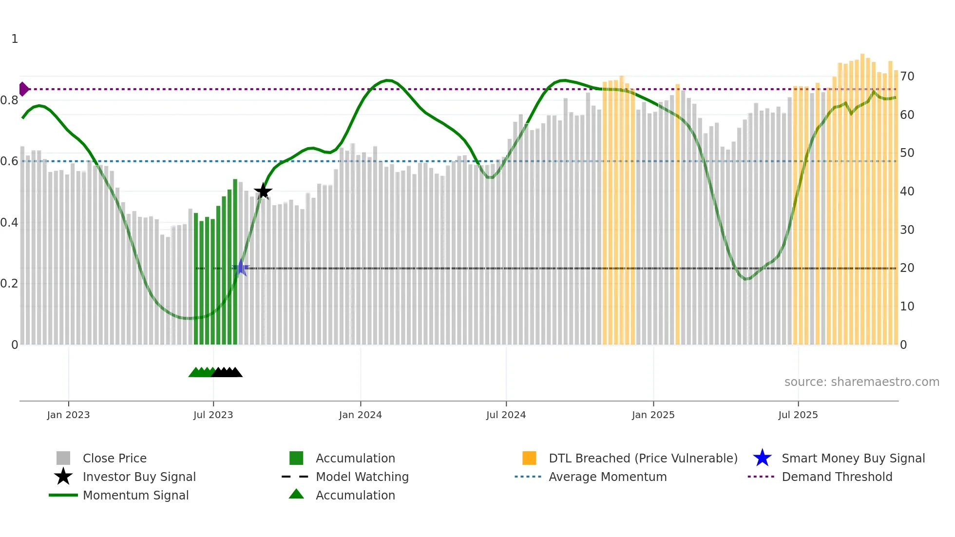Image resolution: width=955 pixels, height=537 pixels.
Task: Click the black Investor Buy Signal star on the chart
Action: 263,192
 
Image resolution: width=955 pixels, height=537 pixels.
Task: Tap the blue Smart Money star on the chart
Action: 241,268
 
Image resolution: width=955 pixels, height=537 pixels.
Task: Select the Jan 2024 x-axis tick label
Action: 360,415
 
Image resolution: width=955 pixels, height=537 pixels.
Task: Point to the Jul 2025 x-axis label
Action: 798,415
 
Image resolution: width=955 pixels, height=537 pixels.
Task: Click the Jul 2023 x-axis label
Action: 213,415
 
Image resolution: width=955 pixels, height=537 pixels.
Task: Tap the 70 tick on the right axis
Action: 907,77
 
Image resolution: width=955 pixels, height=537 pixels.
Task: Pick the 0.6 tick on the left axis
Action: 9,161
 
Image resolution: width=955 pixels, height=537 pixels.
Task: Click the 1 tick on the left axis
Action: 15,39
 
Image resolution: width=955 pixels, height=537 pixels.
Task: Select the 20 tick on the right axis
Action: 907,268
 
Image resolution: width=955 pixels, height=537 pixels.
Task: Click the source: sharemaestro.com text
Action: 861,382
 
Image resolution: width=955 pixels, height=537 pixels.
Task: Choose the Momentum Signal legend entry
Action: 135,496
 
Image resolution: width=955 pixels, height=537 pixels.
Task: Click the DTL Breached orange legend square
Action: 529,458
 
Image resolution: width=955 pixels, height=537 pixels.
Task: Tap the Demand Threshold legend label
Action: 837,477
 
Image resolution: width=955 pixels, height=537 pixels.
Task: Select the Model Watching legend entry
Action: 362,477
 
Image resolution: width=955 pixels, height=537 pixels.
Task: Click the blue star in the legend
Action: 762,458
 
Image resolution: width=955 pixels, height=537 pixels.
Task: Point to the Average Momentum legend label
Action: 607,477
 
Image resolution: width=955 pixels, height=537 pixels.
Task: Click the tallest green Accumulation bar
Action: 235,263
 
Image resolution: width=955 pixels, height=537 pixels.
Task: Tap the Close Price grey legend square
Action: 63,458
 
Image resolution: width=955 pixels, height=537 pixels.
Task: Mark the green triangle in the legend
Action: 296,495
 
